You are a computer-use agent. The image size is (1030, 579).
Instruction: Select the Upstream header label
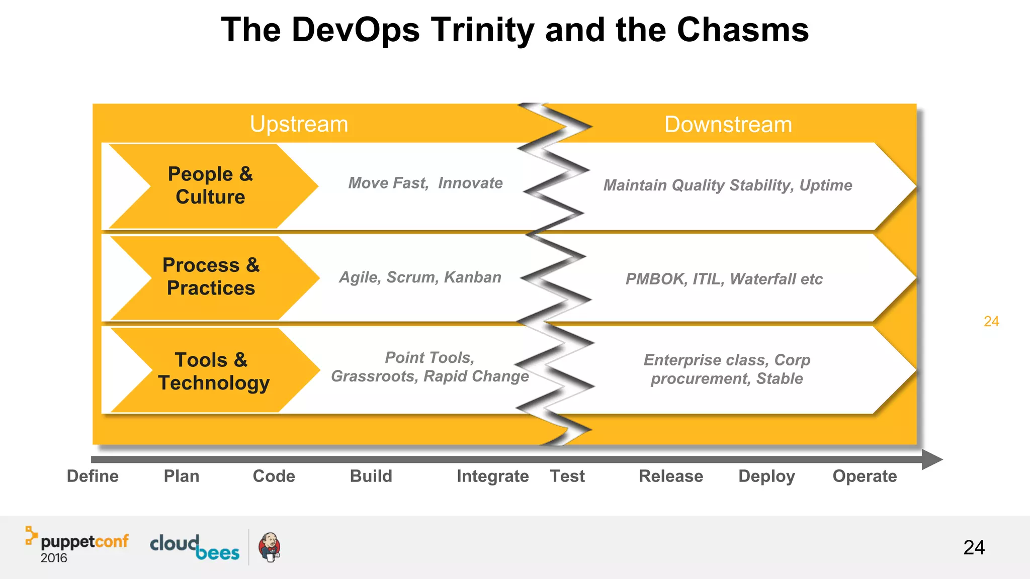299,124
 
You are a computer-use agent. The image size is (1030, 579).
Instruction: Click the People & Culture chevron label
210,185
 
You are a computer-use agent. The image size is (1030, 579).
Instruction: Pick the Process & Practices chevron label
211,276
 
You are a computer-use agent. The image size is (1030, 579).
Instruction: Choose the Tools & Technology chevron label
213,371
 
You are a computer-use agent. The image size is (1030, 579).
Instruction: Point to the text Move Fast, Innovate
425,183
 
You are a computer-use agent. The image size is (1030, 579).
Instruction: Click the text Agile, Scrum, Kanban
420,277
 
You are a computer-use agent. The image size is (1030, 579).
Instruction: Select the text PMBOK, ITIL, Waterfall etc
724,279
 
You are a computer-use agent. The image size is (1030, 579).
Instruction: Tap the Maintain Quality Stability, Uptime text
727,185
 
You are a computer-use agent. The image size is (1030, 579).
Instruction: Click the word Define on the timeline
93,476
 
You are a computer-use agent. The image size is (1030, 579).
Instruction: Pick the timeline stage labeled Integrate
492,476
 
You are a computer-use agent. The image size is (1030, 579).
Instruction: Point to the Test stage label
567,476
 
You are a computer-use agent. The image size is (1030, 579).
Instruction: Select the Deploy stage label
766,476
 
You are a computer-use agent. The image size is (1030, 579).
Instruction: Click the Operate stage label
864,476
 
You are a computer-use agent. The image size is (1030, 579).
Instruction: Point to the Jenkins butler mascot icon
270,547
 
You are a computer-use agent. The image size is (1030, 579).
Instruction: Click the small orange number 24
991,322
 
